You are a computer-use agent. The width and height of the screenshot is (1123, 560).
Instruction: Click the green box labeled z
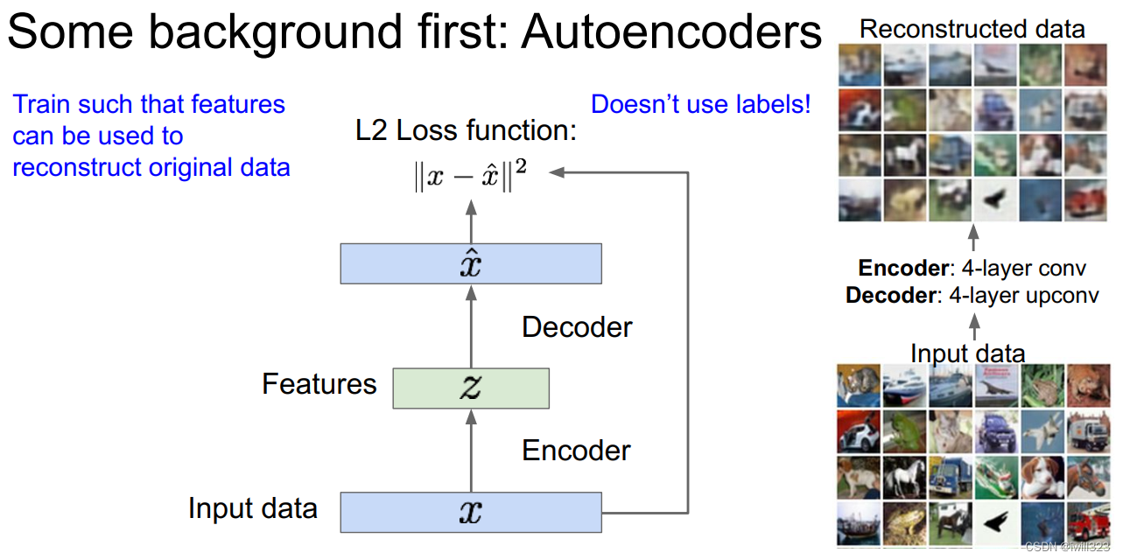point(471,388)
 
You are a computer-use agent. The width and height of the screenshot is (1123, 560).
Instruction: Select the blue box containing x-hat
point(471,264)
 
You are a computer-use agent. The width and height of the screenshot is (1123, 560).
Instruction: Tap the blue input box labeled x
point(471,512)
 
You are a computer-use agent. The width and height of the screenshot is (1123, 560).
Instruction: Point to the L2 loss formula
point(470,174)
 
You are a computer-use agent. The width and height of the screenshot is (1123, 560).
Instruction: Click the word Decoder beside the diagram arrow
point(577,327)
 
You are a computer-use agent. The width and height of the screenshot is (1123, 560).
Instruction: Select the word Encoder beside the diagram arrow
point(576,451)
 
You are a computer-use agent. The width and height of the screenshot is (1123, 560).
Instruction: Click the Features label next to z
point(319,383)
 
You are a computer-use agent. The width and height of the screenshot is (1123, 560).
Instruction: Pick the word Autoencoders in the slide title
point(672,33)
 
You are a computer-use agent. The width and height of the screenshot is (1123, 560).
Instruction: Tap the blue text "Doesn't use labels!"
point(701,105)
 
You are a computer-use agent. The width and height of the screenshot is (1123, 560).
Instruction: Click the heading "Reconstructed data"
point(972,29)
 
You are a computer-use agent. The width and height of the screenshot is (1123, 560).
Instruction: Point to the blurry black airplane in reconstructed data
point(993,200)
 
